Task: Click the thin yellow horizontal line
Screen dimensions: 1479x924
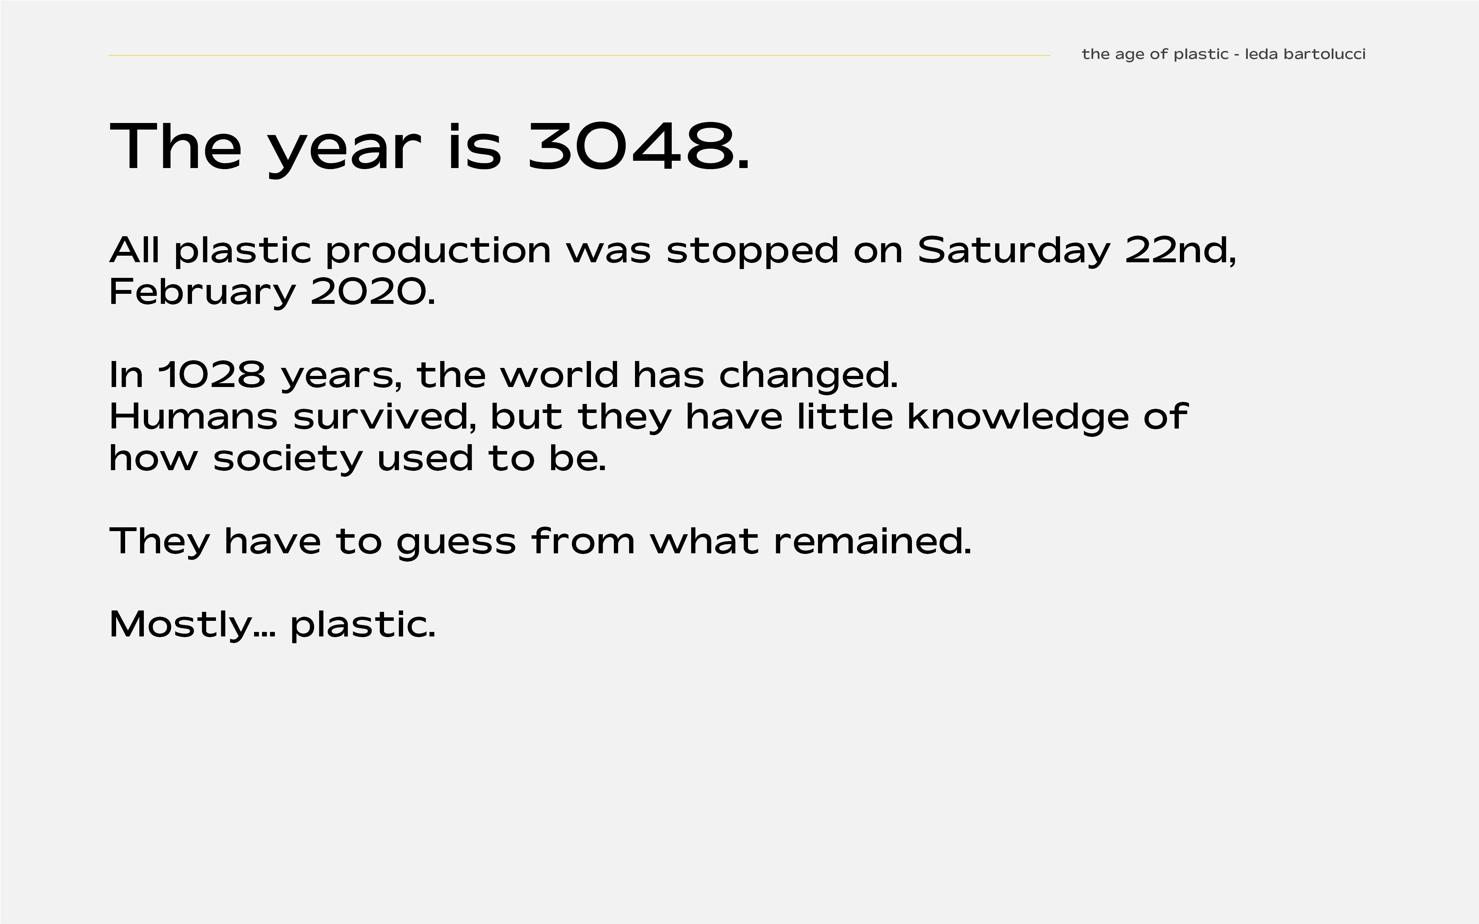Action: click(579, 55)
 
